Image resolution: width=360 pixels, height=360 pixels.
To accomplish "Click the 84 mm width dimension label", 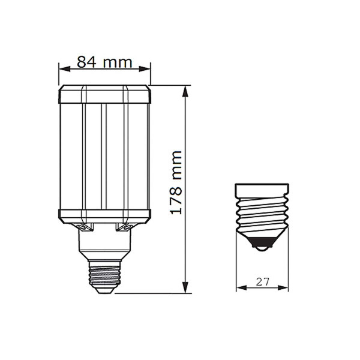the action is (x=104, y=62).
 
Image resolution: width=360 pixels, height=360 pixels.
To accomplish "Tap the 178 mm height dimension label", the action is (x=176, y=183).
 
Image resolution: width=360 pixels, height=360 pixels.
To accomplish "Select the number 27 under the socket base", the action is (x=262, y=282).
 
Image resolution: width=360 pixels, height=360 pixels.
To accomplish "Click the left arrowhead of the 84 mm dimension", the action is (x=65, y=69).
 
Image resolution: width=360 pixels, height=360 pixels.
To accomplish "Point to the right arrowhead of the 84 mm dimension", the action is (x=145, y=69).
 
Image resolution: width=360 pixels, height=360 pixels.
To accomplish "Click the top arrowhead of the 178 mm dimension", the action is (x=185, y=91).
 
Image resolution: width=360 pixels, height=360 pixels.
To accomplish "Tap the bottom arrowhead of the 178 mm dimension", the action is (x=185, y=287).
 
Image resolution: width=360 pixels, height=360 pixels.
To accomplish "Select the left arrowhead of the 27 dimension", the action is (x=242, y=287).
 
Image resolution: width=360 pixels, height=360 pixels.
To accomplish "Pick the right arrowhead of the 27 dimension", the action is (x=283, y=287).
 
